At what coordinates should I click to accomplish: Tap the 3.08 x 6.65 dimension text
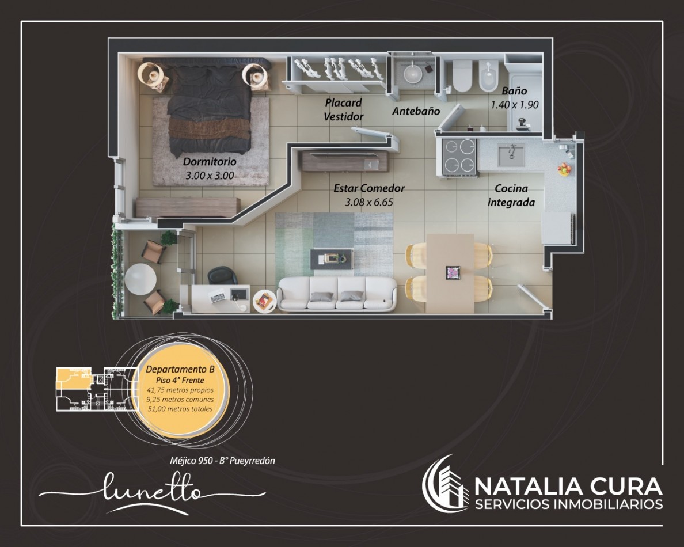(369, 202)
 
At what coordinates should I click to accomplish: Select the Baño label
(514, 91)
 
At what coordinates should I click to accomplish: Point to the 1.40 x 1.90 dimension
(514, 105)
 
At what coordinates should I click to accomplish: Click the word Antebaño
(416, 111)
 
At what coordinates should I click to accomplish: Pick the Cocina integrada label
(511, 195)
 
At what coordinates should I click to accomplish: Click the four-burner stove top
(459, 156)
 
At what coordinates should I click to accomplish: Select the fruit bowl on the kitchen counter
(564, 168)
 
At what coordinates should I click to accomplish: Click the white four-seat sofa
(337, 294)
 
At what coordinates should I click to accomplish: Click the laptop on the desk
(218, 297)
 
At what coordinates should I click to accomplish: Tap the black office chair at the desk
(222, 276)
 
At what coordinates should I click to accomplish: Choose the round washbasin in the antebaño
(412, 73)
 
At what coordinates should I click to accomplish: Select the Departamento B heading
(180, 369)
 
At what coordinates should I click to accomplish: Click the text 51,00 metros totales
(180, 409)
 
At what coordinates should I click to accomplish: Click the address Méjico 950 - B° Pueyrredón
(222, 461)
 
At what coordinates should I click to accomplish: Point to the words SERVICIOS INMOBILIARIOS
(569, 504)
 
